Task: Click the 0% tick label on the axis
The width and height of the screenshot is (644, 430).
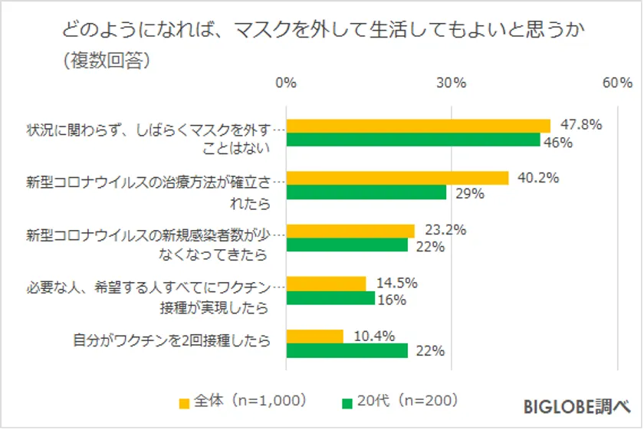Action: click(x=286, y=84)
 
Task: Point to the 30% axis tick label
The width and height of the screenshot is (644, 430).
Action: click(x=452, y=84)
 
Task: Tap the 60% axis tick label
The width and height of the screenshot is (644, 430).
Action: click(x=617, y=84)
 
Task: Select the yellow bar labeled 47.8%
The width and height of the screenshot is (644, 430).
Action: click(x=418, y=126)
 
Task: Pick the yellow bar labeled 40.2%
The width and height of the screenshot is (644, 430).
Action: click(x=397, y=178)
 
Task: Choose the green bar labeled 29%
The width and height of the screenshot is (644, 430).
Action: click(x=366, y=192)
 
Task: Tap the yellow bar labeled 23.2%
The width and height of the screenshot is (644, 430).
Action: click(x=350, y=231)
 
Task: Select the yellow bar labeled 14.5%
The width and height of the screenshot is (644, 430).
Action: click(x=326, y=284)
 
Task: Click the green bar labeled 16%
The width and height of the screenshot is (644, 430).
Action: click(x=330, y=298)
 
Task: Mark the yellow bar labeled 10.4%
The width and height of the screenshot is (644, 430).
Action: click(x=314, y=336)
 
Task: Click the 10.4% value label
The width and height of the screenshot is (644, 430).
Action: click(x=374, y=335)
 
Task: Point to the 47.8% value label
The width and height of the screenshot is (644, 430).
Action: click(x=581, y=125)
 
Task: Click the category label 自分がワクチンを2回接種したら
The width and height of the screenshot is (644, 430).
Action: click(x=172, y=343)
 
